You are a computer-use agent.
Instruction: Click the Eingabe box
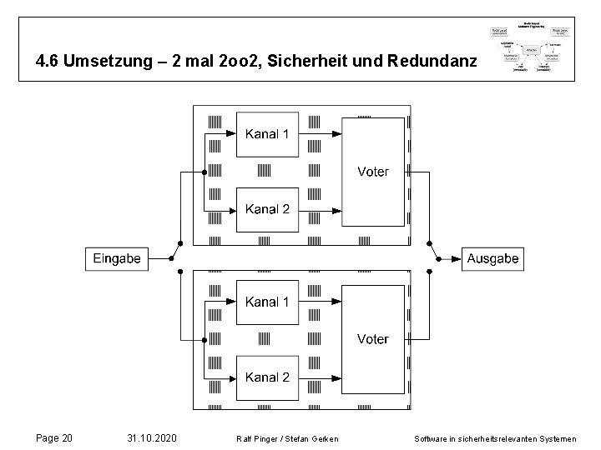[x=116, y=258]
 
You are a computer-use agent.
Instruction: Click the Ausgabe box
[x=492, y=258]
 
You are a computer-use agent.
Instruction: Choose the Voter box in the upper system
[x=372, y=172]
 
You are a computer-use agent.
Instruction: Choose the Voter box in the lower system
[x=372, y=339]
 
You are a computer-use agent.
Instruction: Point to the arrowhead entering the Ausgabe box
[x=457, y=258]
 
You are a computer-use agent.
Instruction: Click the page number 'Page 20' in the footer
[x=56, y=437]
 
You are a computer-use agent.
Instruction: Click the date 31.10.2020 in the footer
[x=151, y=437]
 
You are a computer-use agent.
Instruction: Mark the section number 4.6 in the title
[x=47, y=62]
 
